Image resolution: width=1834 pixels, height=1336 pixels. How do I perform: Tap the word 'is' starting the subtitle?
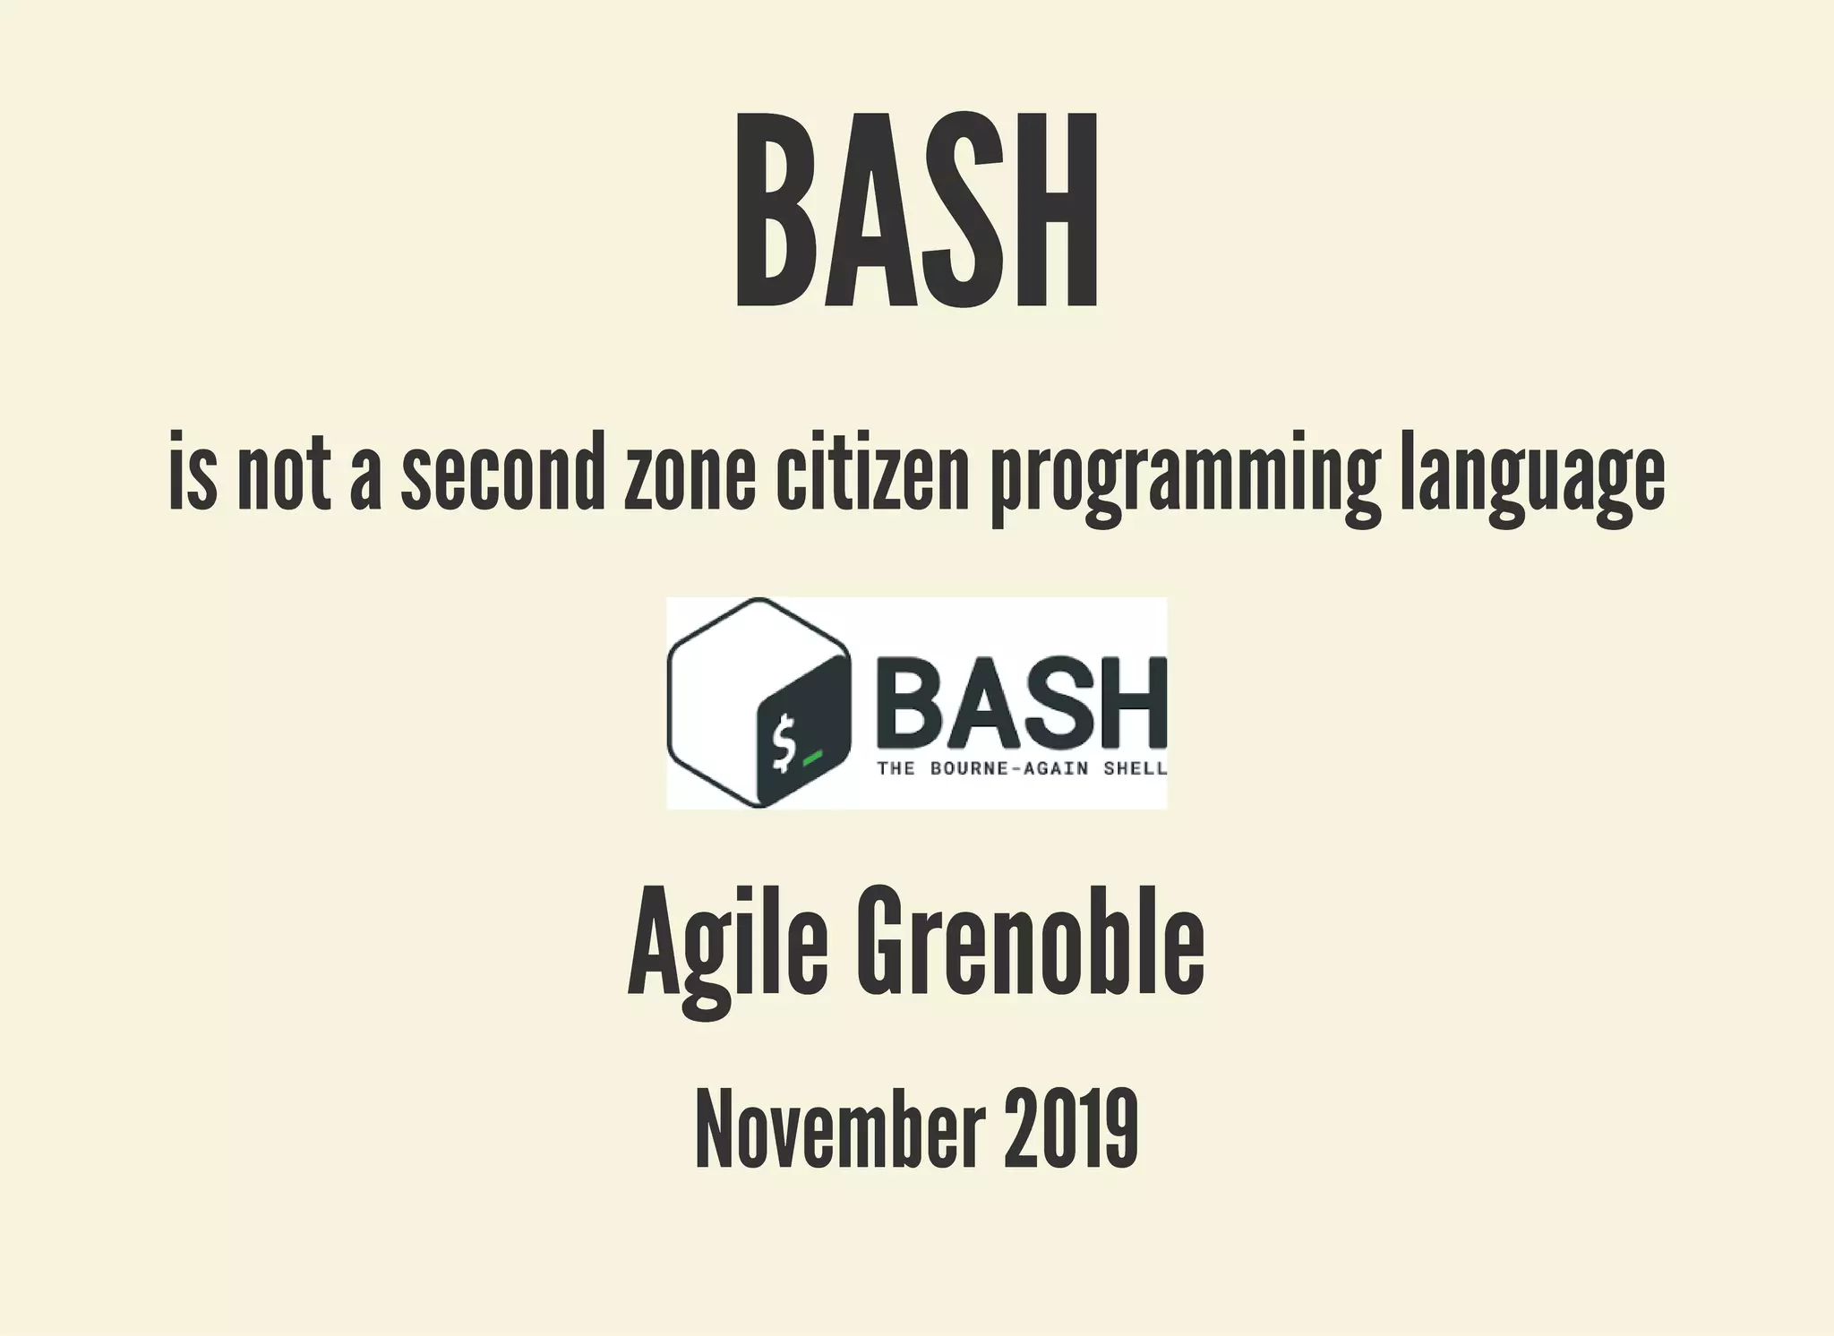click(193, 474)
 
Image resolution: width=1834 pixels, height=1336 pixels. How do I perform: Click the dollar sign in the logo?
click(784, 742)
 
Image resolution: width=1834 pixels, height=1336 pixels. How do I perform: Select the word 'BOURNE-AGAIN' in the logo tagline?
click(1012, 768)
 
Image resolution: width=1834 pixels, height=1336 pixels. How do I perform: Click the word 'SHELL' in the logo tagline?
click(1135, 768)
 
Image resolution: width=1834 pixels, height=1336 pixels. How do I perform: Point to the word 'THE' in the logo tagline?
click(896, 768)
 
